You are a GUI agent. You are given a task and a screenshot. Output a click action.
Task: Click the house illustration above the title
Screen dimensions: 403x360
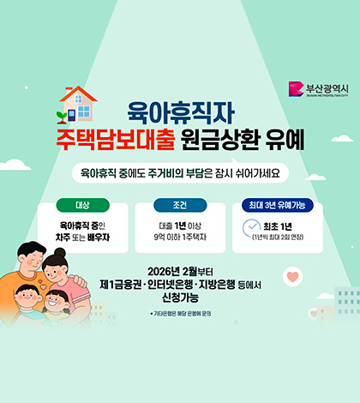point(80,101)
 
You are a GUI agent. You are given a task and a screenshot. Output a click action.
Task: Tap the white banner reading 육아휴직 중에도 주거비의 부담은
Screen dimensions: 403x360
point(179,172)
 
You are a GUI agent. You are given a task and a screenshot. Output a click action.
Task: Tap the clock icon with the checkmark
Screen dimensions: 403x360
point(251,229)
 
